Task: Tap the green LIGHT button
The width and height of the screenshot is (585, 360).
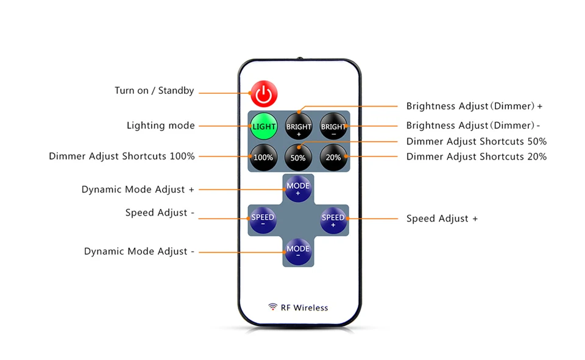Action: pyautogui.click(x=263, y=127)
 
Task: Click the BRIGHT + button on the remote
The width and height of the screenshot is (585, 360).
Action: pyautogui.click(x=299, y=127)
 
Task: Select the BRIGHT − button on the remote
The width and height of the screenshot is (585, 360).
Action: pyautogui.click(x=333, y=127)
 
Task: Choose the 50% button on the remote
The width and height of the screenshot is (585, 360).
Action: pyautogui.click(x=299, y=157)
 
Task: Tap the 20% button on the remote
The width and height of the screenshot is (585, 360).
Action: pyautogui.click(x=333, y=157)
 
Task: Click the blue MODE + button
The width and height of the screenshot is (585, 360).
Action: pyautogui.click(x=298, y=189)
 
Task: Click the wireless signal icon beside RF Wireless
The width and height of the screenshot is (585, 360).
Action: pyautogui.click(x=272, y=307)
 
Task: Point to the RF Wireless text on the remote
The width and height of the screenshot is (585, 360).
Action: pyautogui.click(x=304, y=308)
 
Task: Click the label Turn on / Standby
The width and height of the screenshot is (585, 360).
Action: pyautogui.click(x=154, y=91)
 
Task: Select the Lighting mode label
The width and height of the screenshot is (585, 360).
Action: pyautogui.click(x=161, y=125)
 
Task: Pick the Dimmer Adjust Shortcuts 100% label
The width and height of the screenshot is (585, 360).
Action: pyautogui.click(x=122, y=157)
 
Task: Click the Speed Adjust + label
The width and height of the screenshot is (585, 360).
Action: pyautogui.click(x=442, y=219)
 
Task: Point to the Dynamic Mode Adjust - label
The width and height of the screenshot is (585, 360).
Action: pyautogui.click(x=139, y=252)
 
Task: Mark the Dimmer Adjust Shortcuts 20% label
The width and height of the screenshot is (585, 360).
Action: pyautogui.click(x=476, y=157)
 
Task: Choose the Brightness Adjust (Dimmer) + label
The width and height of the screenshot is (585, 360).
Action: pyautogui.click(x=474, y=106)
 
